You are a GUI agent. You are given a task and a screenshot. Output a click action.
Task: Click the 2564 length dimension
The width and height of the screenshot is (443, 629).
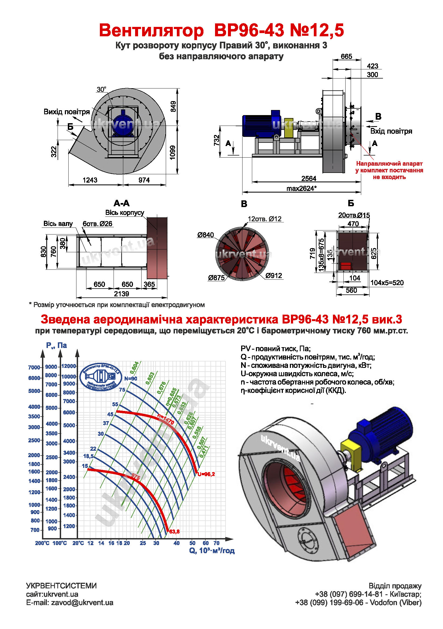coord(309,179)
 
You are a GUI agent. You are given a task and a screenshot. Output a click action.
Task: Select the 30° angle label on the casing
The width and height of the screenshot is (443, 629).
coord(101,90)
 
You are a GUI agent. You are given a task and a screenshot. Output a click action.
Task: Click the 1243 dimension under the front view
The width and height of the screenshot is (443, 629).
coord(90,180)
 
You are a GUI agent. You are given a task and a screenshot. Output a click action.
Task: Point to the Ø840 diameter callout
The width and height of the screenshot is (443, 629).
coord(205,235)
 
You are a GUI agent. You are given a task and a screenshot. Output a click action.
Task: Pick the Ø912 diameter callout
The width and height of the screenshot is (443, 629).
coord(274,276)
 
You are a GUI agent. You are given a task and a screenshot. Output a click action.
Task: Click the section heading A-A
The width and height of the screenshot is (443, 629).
coord(121,203)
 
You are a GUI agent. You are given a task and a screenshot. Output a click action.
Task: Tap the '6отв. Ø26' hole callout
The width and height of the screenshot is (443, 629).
coord(98,223)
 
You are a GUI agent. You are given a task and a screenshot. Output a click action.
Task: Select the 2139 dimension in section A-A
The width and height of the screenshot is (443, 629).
coord(121,294)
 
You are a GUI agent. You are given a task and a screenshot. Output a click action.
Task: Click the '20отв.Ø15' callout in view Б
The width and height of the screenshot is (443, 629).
coord(354,215)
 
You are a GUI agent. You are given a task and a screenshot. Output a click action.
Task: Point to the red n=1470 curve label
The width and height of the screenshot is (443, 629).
coord(166,419)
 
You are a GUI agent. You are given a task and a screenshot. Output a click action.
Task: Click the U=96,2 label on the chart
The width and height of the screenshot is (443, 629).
coord(206,474)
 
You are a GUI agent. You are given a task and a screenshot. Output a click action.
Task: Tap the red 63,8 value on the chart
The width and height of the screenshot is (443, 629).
coord(174,532)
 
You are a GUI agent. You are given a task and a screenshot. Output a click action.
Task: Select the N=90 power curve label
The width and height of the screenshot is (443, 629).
coord(131,379)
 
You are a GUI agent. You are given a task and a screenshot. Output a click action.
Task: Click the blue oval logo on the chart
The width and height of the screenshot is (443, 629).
coord(101,377)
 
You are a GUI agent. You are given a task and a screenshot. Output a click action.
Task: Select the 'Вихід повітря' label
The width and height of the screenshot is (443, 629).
coord(67,112)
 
